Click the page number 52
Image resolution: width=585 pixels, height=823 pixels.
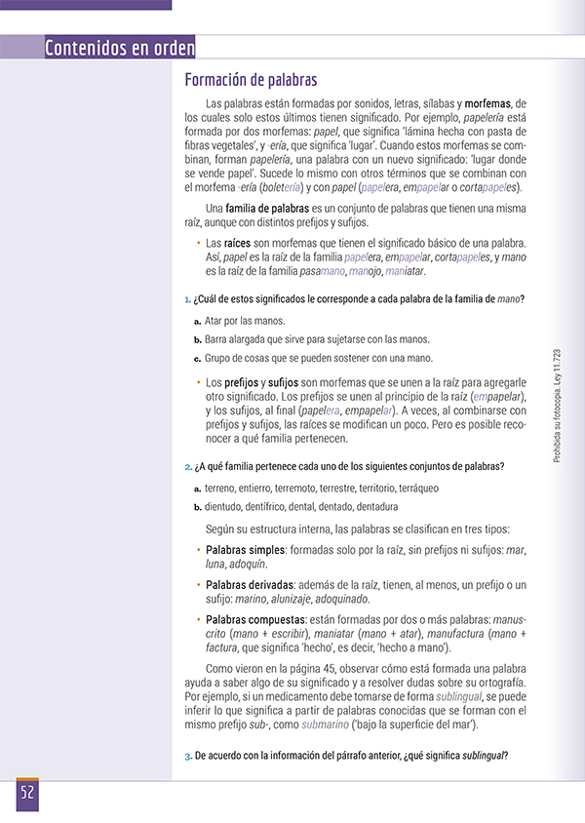pyautogui.click(x=26, y=792)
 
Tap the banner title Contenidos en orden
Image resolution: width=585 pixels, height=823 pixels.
pyautogui.click(x=120, y=48)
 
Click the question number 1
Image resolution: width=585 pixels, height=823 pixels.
pyautogui.click(x=188, y=298)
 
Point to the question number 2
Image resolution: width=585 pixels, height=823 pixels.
pyautogui.click(x=188, y=467)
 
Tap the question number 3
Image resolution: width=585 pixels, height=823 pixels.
pyautogui.click(x=188, y=757)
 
